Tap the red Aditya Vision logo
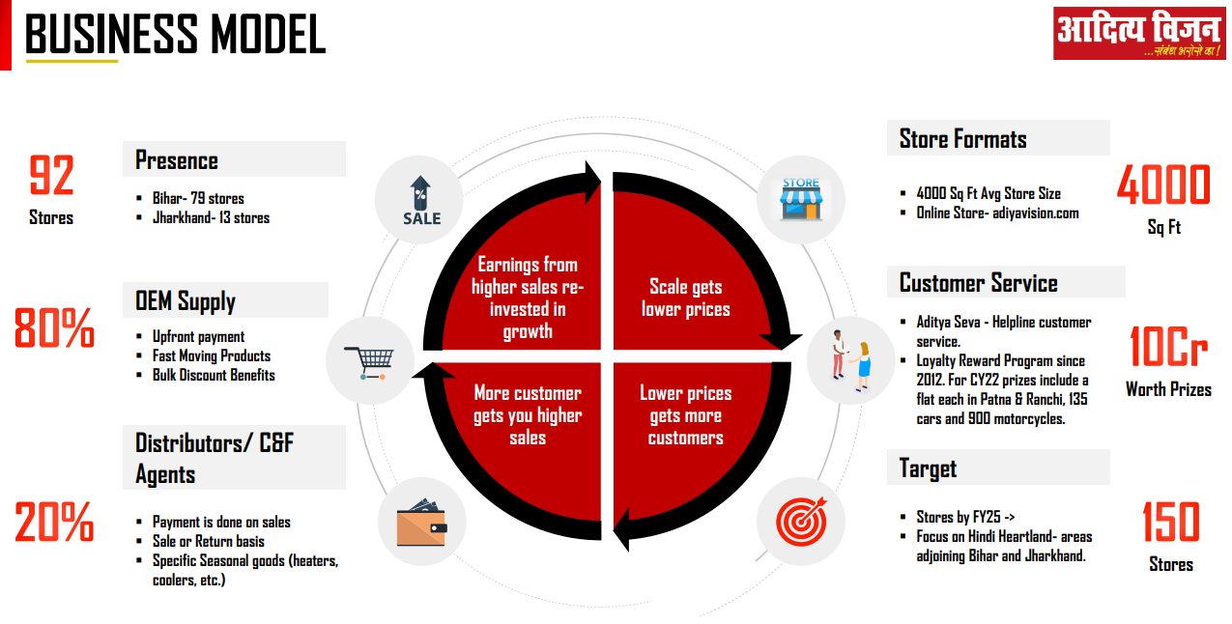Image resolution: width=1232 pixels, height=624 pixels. coord(1137,34)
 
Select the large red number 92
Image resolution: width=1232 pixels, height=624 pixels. coord(51,176)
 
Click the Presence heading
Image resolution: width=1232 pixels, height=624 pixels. coord(177,159)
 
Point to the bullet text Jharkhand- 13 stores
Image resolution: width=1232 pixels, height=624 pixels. coord(211,217)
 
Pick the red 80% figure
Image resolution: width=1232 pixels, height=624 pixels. coord(54,328)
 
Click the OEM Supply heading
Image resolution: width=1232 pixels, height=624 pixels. coord(186,301)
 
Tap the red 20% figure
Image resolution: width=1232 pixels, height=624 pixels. coord(54,523)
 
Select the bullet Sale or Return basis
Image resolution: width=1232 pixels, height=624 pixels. coord(208,541)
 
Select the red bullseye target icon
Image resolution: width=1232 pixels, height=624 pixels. coord(800,522)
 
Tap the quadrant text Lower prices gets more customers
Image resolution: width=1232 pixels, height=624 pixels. coord(686,415)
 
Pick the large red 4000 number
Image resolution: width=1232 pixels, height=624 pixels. coord(1163,184)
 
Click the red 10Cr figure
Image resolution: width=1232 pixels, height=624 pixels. coord(1168,348)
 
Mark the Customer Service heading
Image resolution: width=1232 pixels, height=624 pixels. coord(978,283)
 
